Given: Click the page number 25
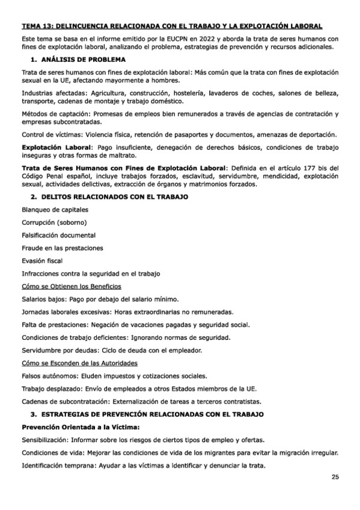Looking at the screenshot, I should [335, 477].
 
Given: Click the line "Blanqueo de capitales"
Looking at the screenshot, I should [55, 209].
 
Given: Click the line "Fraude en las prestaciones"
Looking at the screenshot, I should [62, 247].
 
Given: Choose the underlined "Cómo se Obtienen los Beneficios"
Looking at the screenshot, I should [71, 286].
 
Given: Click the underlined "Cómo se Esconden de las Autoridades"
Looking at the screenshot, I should [79, 363].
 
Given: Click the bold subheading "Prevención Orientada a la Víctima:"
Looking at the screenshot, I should [80, 427].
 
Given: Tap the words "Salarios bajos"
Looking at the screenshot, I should [45, 299].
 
